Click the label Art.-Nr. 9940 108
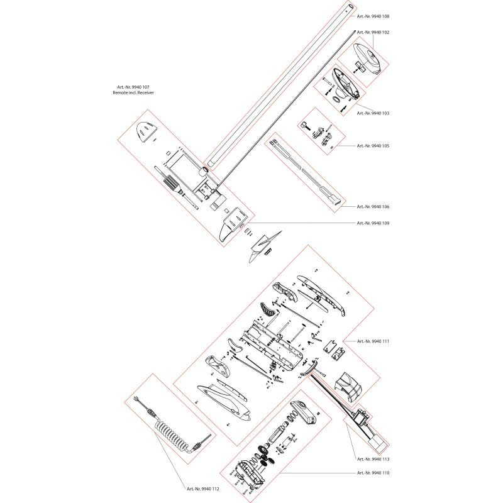click(373, 16)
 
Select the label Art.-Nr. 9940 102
click(373, 33)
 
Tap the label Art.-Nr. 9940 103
click(373, 113)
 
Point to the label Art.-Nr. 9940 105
click(373, 146)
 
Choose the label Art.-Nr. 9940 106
click(373, 207)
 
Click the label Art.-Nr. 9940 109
click(373, 223)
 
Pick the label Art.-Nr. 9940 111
click(373, 341)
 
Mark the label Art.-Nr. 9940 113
click(373, 459)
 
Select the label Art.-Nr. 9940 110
click(373, 473)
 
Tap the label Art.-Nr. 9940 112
click(202, 489)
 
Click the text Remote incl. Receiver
click(133, 92)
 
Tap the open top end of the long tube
click(351, 6)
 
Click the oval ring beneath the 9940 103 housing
click(336, 99)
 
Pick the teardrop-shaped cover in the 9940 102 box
click(367, 58)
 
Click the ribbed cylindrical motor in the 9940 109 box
click(170, 182)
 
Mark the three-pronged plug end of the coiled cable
click(136, 399)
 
